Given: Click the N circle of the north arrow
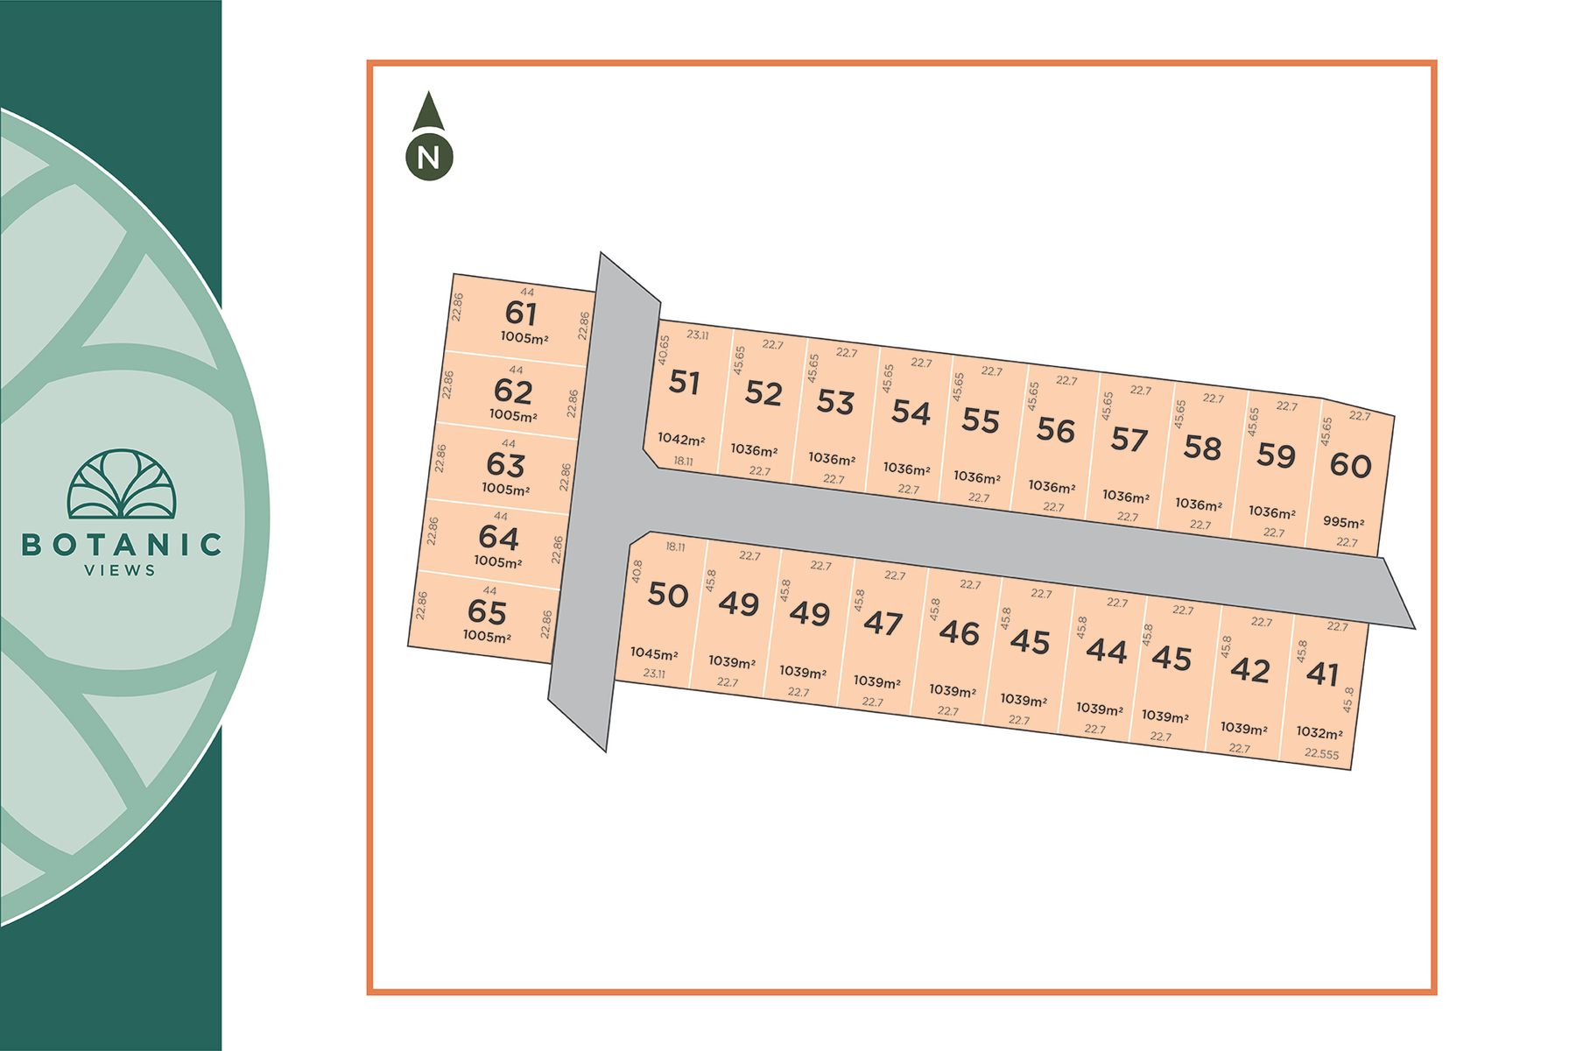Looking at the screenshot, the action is click(429, 158).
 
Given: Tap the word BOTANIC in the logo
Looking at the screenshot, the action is click(122, 545).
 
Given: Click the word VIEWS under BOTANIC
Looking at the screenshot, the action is click(121, 571).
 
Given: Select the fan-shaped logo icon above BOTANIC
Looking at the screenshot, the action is click(122, 483).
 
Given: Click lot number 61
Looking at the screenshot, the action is click(521, 313).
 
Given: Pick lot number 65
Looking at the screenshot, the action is click(487, 611).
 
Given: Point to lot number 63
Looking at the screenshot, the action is click(506, 464).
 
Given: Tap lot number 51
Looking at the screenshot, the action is click(684, 383).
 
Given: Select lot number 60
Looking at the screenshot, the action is click(1350, 466).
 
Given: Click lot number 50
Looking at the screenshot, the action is click(668, 596).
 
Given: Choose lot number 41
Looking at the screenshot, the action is click(1322, 674).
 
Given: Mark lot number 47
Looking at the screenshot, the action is click(883, 624).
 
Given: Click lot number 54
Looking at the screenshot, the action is click(911, 412).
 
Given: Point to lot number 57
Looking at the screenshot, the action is click(1129, 439).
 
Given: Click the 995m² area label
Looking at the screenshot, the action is click(1343, 522).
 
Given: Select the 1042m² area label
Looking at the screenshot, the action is click(681, 439).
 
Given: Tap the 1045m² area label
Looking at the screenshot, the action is click(654, 653).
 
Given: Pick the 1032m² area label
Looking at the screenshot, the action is click(1319, 732).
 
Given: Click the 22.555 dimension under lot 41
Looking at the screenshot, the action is click(1321, 753).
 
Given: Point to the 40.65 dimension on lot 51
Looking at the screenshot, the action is click(663, 350).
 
